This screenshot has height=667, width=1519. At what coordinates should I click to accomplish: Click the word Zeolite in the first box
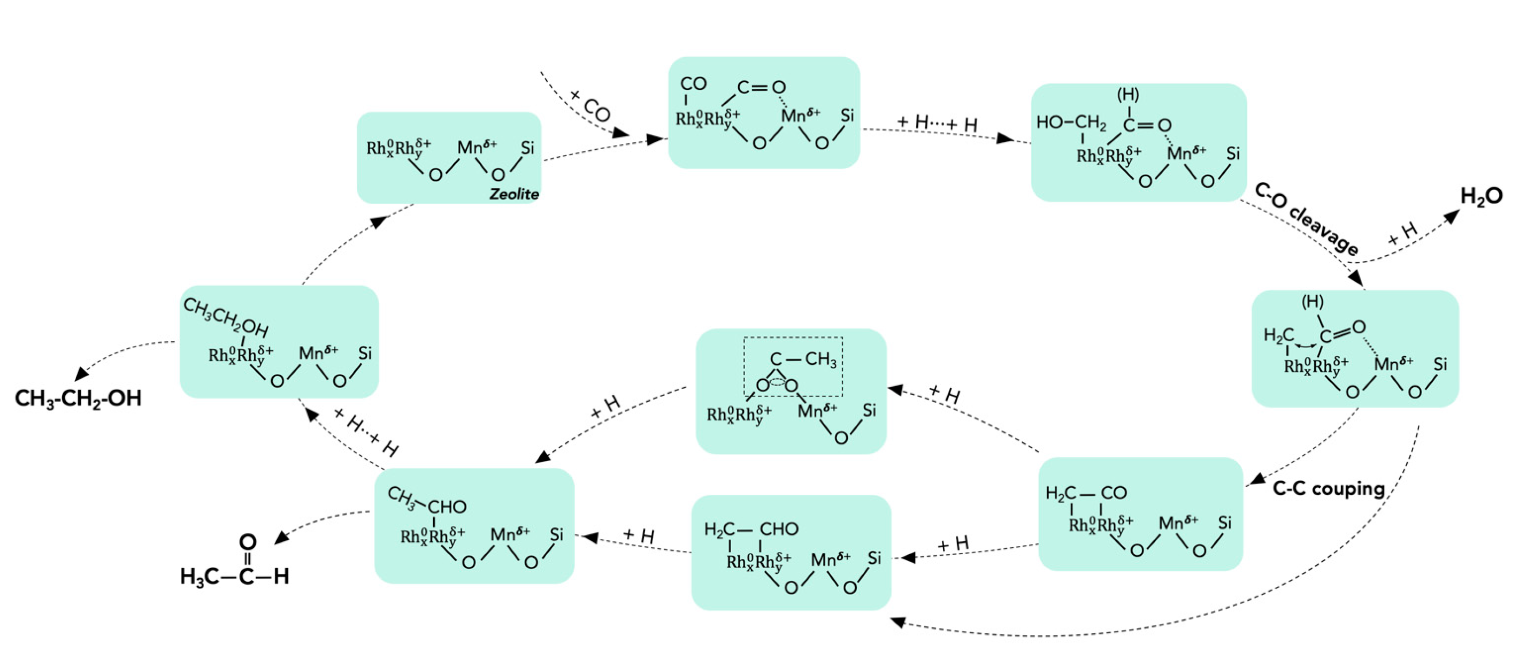[513, 194]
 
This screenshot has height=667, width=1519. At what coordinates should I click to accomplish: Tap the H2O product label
[1480, 196]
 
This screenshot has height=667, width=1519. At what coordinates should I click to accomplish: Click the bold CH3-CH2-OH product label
[79, 398]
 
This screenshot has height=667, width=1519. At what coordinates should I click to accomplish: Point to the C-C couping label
[1328, 489]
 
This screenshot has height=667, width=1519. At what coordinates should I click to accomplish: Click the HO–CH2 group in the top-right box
[1071, 122]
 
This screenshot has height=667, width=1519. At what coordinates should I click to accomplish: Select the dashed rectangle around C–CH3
[793, 366]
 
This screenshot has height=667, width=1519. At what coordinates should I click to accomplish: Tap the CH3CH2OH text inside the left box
[226, 317]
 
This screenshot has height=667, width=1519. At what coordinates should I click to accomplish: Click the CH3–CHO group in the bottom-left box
[426, 502]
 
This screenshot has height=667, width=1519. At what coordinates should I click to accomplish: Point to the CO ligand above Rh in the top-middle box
[693, 84]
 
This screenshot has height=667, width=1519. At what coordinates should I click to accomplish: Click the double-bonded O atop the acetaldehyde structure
[248, 542]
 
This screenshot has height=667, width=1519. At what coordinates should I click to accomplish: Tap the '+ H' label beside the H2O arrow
[1402, 234]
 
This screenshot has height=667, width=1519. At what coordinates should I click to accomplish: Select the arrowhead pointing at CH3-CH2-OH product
[81, 374]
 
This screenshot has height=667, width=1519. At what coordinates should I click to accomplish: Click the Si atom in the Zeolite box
[527, 148]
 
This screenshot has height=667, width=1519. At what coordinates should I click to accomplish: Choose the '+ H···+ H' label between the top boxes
[937, 123]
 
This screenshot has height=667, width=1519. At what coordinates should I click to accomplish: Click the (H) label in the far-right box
[1312, 302]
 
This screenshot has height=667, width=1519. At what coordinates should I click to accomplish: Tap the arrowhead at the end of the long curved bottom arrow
[897, 622]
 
